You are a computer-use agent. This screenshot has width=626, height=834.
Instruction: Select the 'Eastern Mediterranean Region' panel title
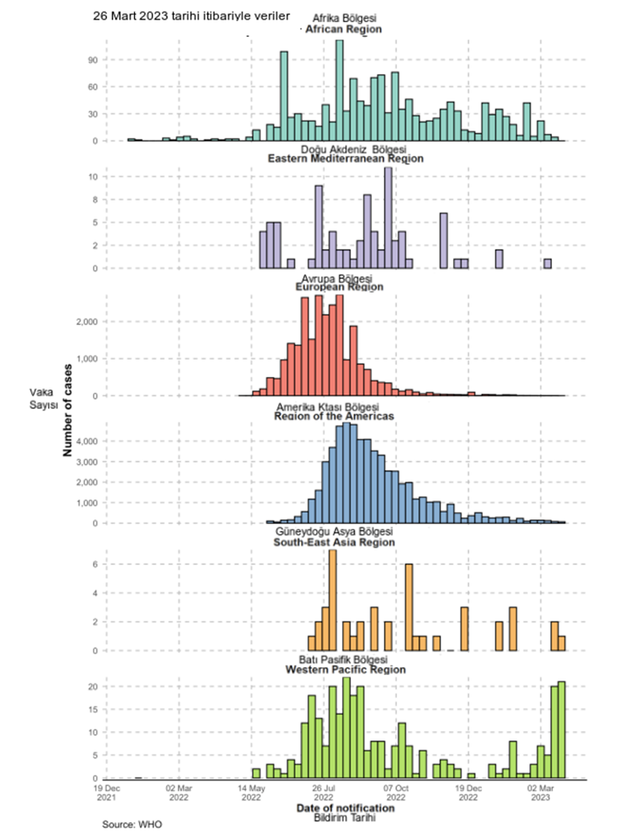(345, 159)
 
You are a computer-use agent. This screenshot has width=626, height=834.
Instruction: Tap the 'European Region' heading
(339, 287)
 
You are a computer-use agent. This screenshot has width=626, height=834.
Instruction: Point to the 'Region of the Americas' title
(333, 415)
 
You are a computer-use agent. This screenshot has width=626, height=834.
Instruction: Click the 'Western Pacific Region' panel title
(345, 670)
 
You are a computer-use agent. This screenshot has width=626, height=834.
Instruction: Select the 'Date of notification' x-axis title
(345, 808)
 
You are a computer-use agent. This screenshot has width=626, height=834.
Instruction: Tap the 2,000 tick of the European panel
(85, 322)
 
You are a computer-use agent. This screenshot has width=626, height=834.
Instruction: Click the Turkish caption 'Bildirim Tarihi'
(345, 819)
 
